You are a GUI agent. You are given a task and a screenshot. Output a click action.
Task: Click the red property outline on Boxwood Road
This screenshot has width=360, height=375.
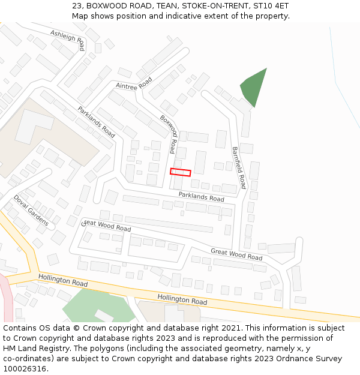pyautogui.click(x=180, y=172)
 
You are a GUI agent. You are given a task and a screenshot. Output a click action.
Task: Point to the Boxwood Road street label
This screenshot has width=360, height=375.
pyautogui.click(x=168, y=134)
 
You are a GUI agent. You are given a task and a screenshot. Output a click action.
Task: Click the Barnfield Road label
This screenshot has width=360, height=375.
pyautogui.click(x=239, y=167)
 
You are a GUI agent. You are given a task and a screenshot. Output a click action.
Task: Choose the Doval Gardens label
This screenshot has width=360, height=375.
pyautogui.click(x=31, y=210)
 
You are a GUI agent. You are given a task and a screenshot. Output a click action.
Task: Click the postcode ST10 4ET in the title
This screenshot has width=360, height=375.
pyautogui.click(x=271, y=5)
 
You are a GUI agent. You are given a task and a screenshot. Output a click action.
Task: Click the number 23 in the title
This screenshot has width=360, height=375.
pyautogui.click(x=77, y=5)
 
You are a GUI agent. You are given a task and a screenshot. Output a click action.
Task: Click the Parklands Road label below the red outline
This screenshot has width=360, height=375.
pyautogui.click(x=201, y=197)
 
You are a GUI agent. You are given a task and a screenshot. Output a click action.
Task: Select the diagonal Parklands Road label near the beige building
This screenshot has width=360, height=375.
pyautogui.click(x=96, y=122)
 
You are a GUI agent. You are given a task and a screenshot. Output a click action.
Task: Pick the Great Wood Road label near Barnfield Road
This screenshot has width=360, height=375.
pyautogui.click(x=236, y=254)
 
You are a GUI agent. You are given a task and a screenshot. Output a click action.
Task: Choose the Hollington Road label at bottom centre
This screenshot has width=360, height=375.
pyautogui.click(x=182, y=299)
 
